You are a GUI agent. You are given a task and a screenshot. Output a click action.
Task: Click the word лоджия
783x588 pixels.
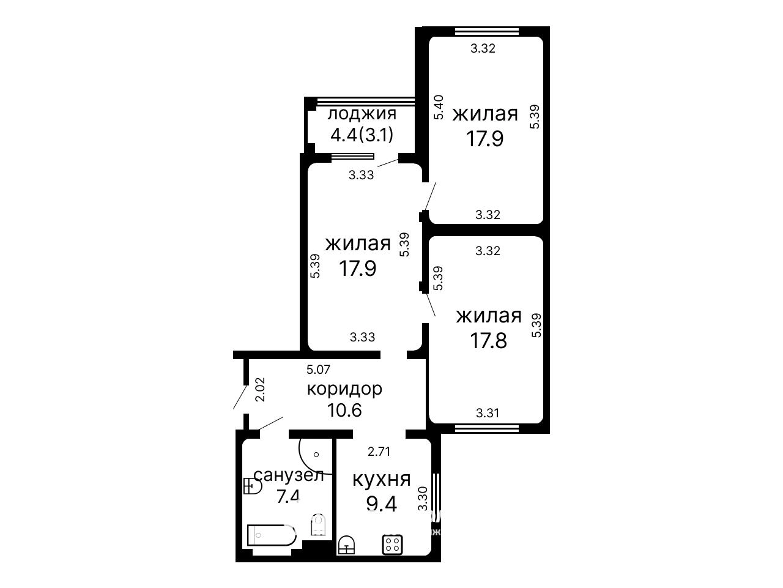click(x=362, y=114)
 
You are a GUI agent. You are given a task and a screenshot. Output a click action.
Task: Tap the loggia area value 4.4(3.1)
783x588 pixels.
click(x=362, y=135)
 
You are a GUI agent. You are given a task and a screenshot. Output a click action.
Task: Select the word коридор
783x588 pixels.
click(x=344, y=390)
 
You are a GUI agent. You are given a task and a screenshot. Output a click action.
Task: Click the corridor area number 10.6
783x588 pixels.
click(x=344, y=411)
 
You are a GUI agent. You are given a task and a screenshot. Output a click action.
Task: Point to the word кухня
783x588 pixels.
click(x=381, y=480)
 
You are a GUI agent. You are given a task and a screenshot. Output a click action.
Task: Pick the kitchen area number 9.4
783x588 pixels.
click(x=381, y=504)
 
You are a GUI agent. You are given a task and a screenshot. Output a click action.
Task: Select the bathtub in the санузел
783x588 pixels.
click(x=272, y=535)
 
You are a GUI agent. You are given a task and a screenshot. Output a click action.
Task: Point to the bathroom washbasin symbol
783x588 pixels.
click(x=252, y=486)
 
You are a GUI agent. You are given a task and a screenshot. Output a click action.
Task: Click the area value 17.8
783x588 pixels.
click(x=488, y=340)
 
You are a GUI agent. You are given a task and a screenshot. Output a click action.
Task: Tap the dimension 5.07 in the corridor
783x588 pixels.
click(x=318, y=370)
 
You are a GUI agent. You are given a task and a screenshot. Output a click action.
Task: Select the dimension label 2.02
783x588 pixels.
click(x=261, y=390)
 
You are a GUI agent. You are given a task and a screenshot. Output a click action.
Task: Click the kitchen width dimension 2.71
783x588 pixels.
click(x=379, y=452)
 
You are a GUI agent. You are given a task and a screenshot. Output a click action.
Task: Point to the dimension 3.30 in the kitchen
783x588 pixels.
click(x=423, y=499)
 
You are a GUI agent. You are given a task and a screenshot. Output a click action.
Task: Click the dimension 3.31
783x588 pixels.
click(x=488, y=413)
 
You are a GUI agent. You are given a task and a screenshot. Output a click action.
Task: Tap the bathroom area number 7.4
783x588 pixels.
click(x=288, y=496)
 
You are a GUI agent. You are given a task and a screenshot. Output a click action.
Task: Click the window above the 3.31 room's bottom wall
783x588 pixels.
click(x=487, y=428)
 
